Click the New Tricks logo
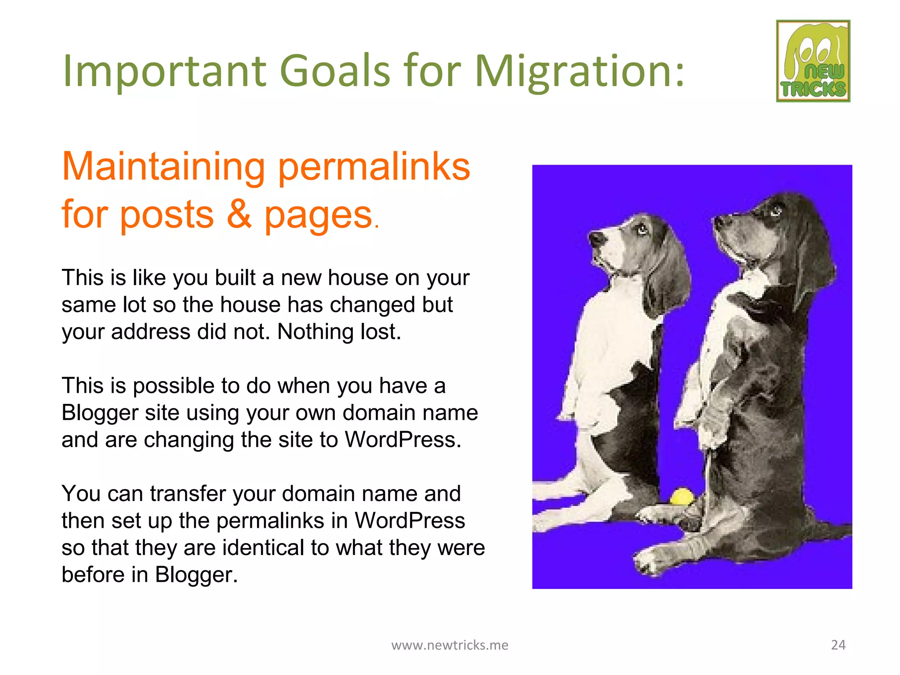click(x=813, y=61)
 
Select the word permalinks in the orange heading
click(x=374, y=167)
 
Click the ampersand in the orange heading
click(x=239, y=215)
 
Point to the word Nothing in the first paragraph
click(x=315, y=332)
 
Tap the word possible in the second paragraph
click(x=174, y=386)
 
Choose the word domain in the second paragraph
click(x=379, y=413)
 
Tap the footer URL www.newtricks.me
click(x=450, y=645)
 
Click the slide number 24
click(x=838, y=645)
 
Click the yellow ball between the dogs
click(x=681, y=497)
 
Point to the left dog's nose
click(x=596, y=239)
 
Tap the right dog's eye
click(x=776, y=211)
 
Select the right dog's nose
click(x=719, y=221)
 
